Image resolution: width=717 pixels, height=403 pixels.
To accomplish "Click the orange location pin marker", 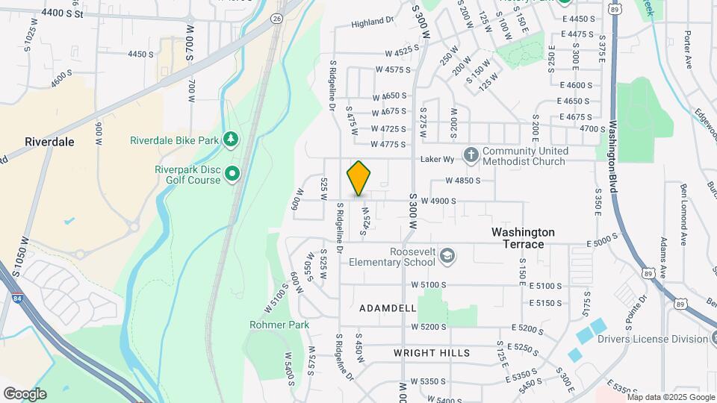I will pyautogui.click(x=359, y=178).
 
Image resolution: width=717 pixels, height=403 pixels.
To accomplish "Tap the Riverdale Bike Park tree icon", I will pyautogui.click(x=232, y=140).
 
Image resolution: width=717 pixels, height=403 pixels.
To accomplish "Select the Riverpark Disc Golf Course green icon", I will pyautogui.click(x=232, y=175).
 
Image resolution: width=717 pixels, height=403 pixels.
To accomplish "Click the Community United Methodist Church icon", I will pyautogui.click(x=471, y=155).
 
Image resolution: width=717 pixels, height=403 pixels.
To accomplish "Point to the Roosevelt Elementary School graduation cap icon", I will pyautogui.click(x=447, y=257).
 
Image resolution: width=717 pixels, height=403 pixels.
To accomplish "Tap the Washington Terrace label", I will pyautogui.click(x=523, y=232).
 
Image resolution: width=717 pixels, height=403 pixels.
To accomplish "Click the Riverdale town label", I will pyautogui.click(x=49, y=141).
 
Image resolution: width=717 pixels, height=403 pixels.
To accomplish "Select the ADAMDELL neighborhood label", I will pyautogui.click(x=388, y=307).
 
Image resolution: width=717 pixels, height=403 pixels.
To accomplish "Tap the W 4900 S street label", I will pyautogui.click(x=438, y=201).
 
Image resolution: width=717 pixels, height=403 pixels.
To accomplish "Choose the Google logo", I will pyautogui.click(x=25, y=393).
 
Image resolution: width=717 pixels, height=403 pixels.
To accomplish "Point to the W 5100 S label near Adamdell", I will pyautogui.click(x=428, y=285).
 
